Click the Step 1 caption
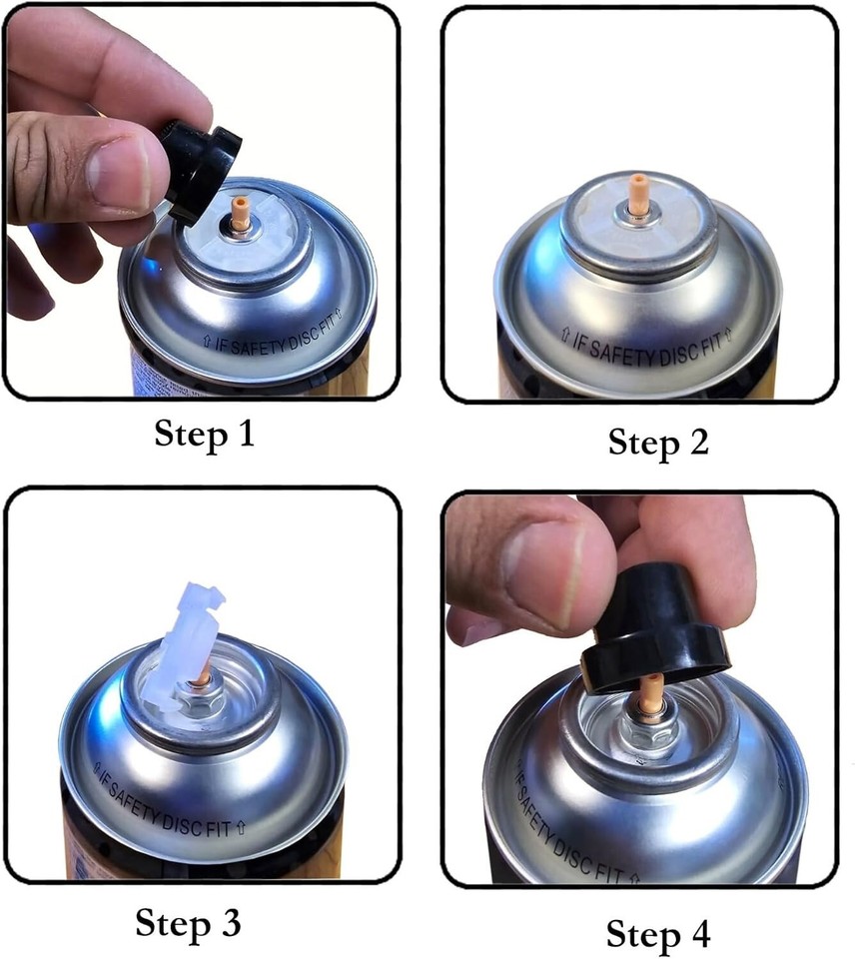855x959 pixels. (204, 435)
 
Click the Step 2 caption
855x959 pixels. (658, 443)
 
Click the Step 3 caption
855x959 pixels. (188, 923)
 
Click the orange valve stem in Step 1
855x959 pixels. (239, 213)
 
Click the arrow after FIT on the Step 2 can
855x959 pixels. (728, 336)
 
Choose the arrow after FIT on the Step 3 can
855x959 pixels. (241, 828)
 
